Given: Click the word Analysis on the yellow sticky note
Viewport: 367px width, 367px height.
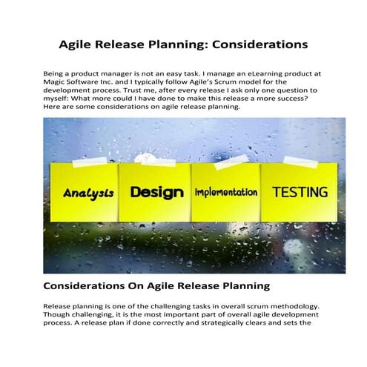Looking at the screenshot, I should [88, 193].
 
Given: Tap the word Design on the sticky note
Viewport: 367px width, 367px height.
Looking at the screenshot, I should [156, 192].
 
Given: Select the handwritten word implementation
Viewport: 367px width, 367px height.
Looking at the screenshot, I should [226, 192].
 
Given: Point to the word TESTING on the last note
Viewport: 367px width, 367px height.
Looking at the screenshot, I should [300, 192].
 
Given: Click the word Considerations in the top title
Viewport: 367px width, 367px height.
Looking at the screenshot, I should [259, 44].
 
